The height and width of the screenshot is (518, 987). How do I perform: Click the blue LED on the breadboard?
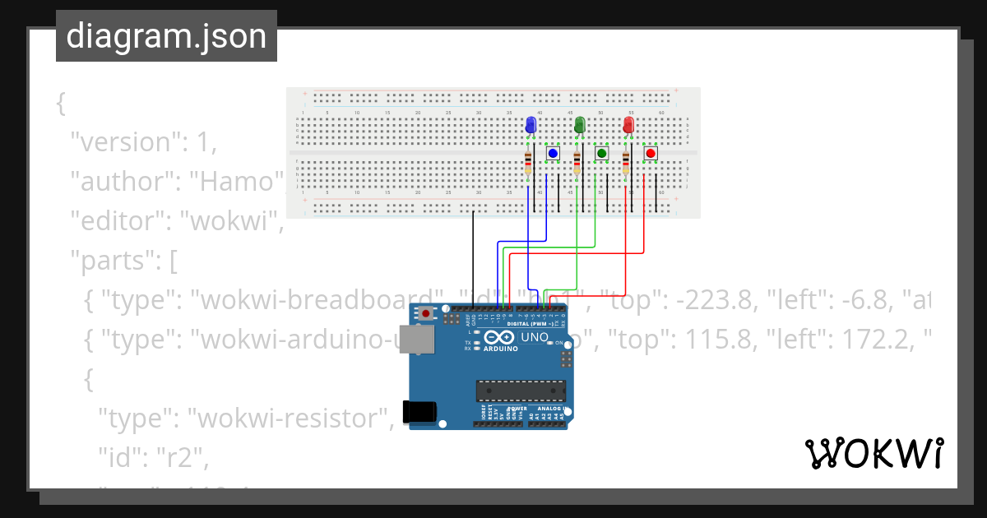click(531, 125)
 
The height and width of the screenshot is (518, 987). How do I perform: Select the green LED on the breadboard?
click(579, 125)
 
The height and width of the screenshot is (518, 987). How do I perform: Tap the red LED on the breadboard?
click(628, 125)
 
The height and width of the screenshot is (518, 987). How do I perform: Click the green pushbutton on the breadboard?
click(601, 153)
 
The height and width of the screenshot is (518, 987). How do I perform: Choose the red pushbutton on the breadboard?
click(651, 153)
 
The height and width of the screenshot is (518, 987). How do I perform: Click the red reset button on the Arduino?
click(425, 313)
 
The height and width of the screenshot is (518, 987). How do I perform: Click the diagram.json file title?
click(166, 36)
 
